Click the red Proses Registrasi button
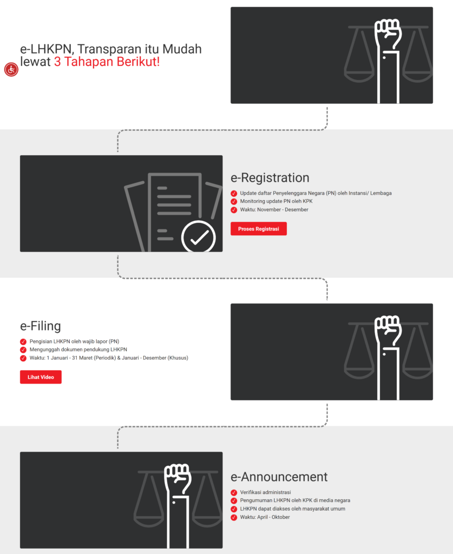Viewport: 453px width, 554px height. pyautogui.click(x=258, y=229)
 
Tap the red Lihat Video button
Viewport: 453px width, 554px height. pyautogui.click(x=41, y=377)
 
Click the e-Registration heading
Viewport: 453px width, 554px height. pyautogui.click(x=270, y=178)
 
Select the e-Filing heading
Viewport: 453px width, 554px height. pyautogui.click(x=41, y=326)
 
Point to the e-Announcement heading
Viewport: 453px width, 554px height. pyautogui.click(x=279, y=477)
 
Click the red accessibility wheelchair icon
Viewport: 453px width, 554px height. pyautogui.click(x=11, y=69)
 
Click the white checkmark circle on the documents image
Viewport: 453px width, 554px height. pyautogui.click(x=198, y=237)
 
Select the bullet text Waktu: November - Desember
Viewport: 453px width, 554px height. pyautogui.click(x=274, y=210)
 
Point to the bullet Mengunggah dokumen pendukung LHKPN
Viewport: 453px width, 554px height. pyautogui.click(x=78, y=349)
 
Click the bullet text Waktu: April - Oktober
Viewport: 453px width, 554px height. pyautogui.click(x=265, y=517)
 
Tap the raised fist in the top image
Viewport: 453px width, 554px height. pyautogui.click(x=388, y=34)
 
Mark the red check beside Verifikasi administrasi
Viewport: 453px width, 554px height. pyautogui.click(x=234, y=492)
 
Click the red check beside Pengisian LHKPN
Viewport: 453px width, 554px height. pyautogui.click(x=23, y=341)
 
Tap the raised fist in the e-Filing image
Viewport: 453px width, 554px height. pyautogui.click(x=388, y=331)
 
